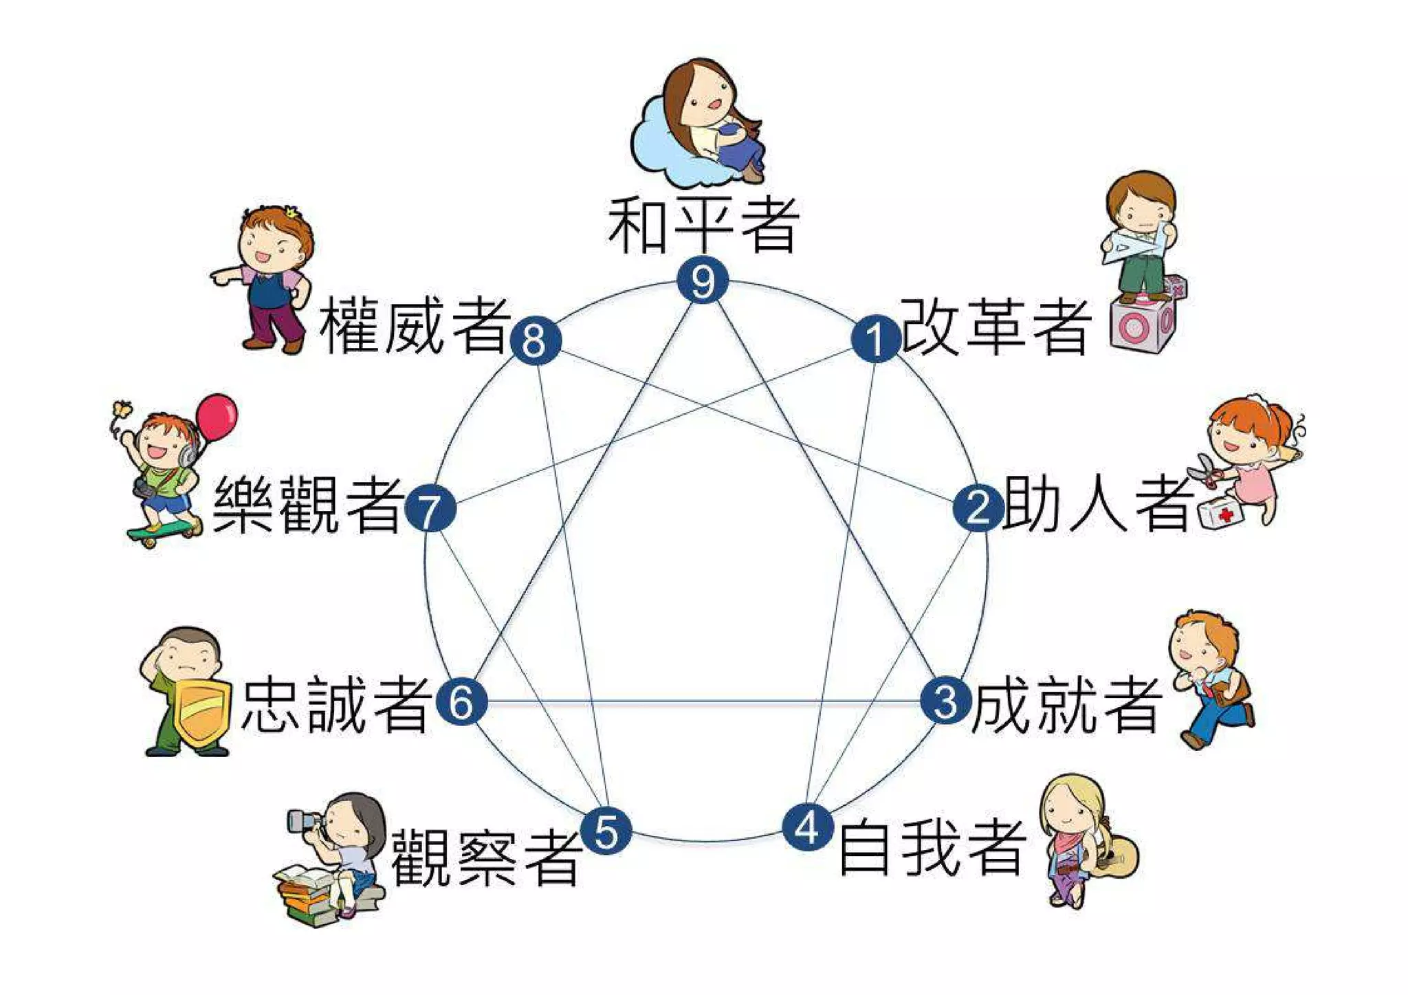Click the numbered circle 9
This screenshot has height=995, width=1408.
(702, 281)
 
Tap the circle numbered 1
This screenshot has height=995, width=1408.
(875, 338)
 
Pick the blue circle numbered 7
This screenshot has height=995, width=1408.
(430, 509)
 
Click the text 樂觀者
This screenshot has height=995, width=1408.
(308, 505)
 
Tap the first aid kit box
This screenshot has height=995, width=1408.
(1221, 513)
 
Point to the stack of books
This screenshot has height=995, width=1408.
(309, 894)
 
